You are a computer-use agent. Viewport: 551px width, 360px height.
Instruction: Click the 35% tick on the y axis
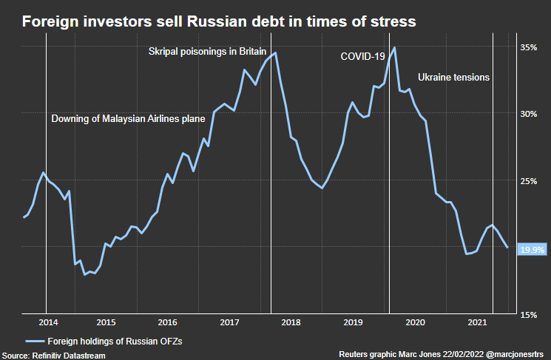tap(528, 47)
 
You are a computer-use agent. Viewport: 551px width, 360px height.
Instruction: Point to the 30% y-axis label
tap(528, 114)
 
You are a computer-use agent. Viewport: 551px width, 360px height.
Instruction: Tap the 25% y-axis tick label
tap(528, 181)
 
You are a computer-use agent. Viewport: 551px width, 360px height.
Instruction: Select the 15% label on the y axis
tap(528, 315)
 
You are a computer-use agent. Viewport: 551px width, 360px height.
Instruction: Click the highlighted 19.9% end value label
tap(532, 250)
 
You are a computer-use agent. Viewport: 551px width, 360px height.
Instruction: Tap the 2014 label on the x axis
tap(47, 322)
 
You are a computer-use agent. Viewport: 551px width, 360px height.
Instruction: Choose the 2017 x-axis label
tap(229, 322)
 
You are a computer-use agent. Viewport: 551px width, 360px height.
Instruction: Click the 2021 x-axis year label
tap(478, 322)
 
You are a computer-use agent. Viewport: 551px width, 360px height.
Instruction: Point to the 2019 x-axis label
tap(354, 322)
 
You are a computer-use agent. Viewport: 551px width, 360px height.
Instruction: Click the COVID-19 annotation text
tap(363, 56)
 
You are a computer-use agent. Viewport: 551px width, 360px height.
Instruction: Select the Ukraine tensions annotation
tap(453, 77)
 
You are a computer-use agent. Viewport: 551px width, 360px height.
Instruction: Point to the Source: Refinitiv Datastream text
tap(53, 355)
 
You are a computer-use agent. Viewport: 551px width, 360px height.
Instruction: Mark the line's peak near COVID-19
tap(394, 47)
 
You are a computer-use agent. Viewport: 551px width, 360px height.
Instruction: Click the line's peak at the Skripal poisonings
tap(275, 52)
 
